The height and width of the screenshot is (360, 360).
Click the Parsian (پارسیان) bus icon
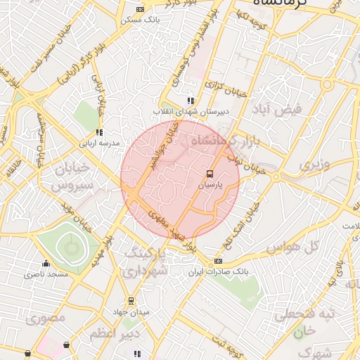click(209, 173)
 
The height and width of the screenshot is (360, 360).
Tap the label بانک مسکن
click(140, 20)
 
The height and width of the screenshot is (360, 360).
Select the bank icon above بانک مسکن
click(140, 9)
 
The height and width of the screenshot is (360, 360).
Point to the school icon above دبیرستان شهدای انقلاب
click(191, 101)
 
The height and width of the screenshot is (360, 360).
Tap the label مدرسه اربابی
click(99, 143)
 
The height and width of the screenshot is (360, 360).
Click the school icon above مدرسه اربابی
click(99, 132)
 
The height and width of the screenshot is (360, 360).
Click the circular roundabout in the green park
click(70, 247)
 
